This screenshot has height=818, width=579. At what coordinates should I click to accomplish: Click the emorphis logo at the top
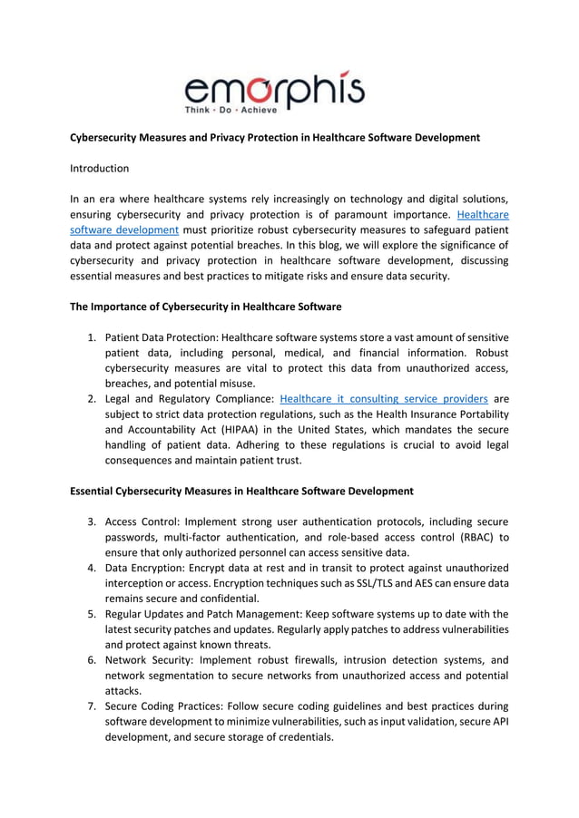(x=274, y=90)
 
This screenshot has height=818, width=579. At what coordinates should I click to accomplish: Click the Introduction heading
(x=100, y=169)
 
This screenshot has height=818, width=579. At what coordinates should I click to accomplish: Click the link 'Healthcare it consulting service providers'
(x=384, y=398)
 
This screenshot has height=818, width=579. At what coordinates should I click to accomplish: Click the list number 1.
(x=92, y=337)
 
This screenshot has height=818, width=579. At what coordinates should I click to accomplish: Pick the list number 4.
(x=92, y=568)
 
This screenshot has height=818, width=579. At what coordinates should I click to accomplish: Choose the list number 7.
(x=92, y=706)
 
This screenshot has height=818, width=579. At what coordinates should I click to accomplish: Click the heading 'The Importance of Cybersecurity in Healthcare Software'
(x=206, y=307)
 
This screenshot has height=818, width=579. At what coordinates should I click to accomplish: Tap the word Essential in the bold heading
(x=95, y=492)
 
